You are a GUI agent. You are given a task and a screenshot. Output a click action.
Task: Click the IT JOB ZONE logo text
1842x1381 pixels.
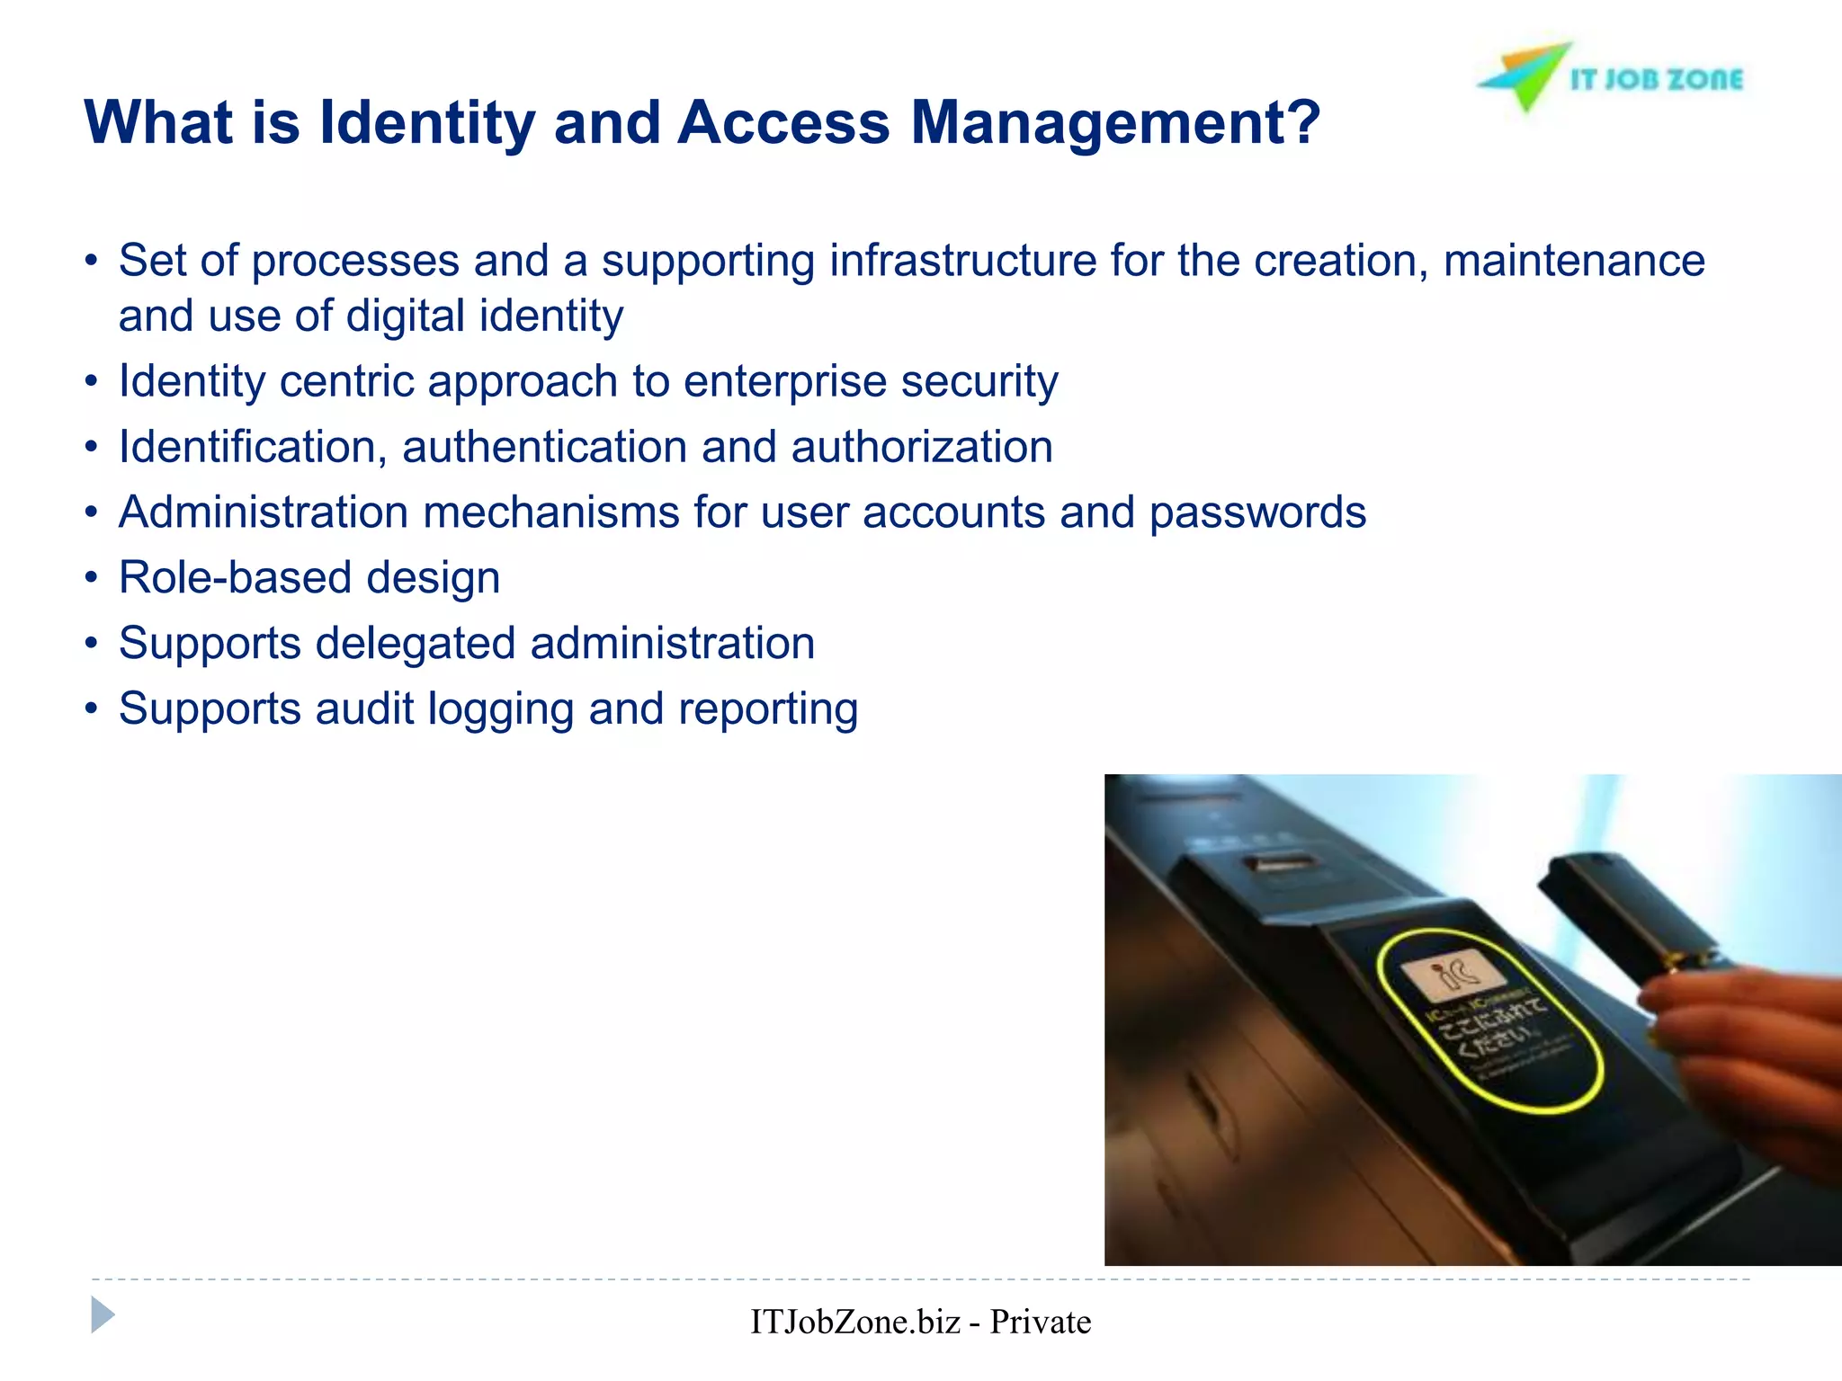1656,80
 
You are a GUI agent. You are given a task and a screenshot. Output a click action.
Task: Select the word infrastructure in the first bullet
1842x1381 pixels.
962,261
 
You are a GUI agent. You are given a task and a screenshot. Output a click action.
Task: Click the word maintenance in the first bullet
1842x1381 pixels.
1574,261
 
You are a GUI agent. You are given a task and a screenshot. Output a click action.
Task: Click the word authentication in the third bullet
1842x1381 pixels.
544,447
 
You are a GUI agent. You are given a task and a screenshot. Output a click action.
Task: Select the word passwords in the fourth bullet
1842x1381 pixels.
1257,512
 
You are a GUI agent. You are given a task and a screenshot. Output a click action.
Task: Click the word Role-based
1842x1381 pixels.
234,577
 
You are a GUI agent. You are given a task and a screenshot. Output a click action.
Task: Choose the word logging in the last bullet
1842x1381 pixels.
500,709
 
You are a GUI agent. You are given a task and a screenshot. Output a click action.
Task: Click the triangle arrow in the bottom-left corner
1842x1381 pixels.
103,1315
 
